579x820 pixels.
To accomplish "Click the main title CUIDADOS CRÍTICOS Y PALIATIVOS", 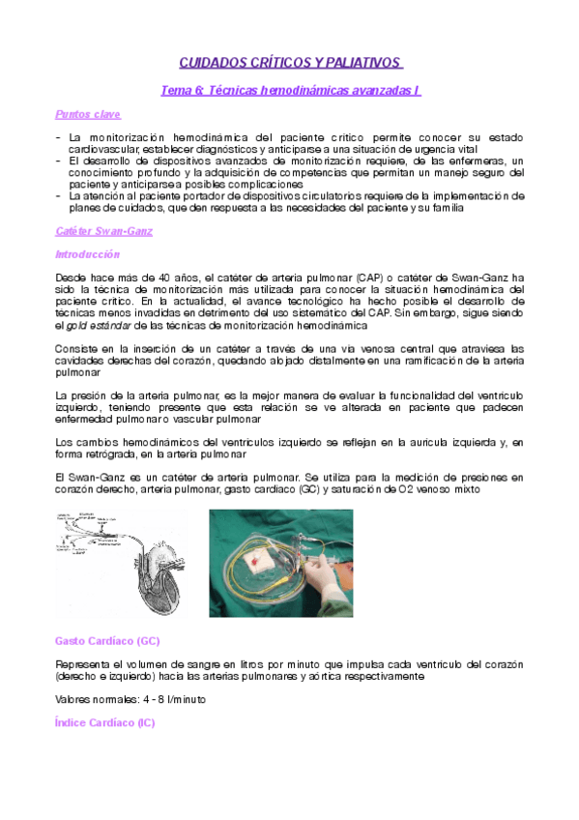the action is (x=290, y=63).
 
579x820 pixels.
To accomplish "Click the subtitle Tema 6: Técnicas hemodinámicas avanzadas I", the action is (x=290, y=90).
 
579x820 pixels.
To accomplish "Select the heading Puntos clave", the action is (x=88, y=114).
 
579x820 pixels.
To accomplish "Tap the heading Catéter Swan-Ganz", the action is (x=104, y=231).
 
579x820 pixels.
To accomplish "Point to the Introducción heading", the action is (x=87, y=254).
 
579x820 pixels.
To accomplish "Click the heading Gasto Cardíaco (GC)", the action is (x=108, y=641).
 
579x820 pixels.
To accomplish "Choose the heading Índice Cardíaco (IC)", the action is (x=105, y=722).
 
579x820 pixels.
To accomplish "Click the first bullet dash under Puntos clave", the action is (x=60, y=138).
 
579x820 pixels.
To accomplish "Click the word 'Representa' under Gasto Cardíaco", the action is (x=84, y=664).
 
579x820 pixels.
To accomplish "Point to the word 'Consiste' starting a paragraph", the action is (x=78, y=348).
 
